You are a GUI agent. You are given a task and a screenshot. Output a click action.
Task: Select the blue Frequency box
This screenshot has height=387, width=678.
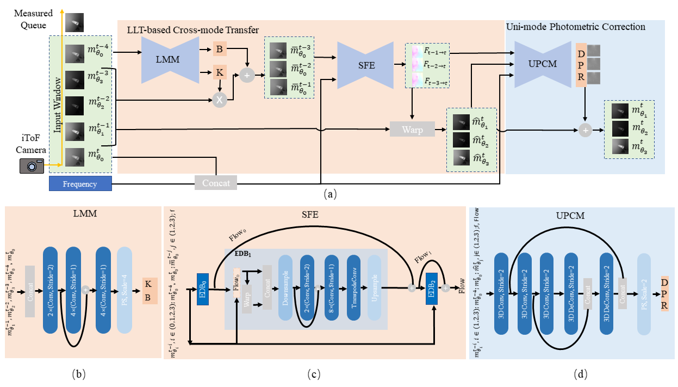[80, 184]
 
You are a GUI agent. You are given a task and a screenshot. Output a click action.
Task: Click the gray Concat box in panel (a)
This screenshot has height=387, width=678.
[216, 183]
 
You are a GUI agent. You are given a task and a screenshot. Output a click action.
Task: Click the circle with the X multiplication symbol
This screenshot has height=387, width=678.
[220, 100]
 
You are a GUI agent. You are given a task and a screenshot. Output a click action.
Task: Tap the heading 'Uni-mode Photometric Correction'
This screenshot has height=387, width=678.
[575, 26]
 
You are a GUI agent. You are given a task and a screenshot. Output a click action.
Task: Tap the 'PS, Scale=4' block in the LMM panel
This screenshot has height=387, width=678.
[125, 292]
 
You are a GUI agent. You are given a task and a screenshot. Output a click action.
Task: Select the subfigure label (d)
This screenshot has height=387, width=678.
[580, 374]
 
